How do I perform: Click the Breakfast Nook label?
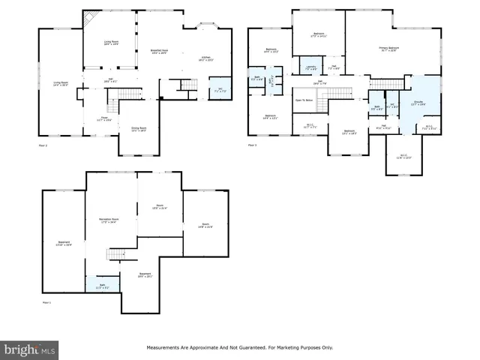coord(159,51)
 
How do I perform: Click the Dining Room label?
coord(139,129)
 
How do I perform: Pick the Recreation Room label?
coord(110,220)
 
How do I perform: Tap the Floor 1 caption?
coord(46,302)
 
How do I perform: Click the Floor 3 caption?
coord(252,144)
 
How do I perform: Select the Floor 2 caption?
coord(43,144)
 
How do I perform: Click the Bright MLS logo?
coord(29,349)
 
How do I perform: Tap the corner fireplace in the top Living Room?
coord(89,19)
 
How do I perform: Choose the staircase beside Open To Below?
coord(323,97)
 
